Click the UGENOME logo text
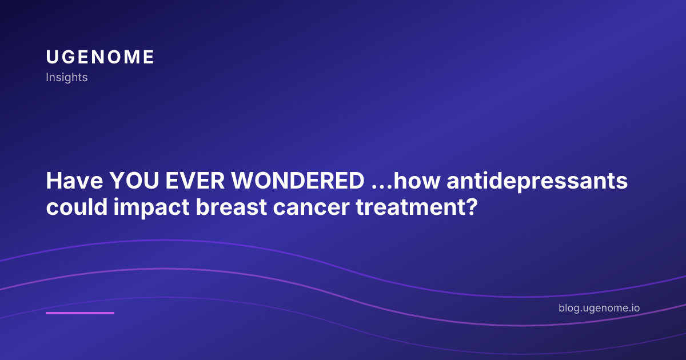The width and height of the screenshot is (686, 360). (x=100, y=57)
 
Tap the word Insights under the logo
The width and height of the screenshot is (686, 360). (x=67, y=77)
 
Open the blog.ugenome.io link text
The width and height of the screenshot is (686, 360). (x=599, y=308)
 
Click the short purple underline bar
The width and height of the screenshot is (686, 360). (x=80, y=313)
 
